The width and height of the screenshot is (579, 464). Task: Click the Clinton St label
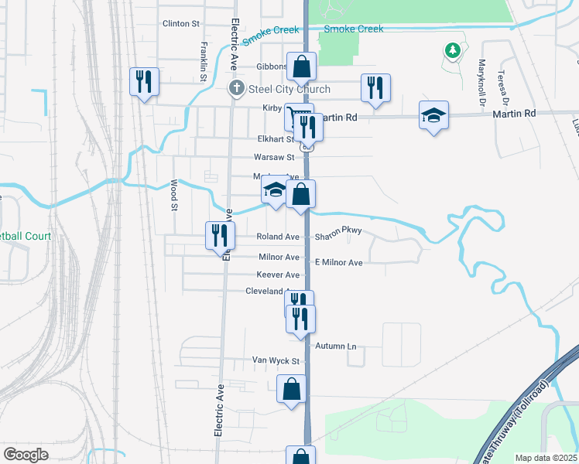(x=181, y=24)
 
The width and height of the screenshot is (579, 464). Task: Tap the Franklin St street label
(x=203, y=62)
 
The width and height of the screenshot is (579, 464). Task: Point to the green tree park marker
(x=453, y=51)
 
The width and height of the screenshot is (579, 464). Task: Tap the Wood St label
(x=174, y=195)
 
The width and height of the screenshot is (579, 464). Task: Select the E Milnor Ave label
(x=338, y=263)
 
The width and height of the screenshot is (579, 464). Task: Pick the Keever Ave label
(x=278, y=275)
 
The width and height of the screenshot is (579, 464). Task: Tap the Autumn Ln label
(x=341, y=346)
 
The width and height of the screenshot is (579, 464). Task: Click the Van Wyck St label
(x=276, y=360)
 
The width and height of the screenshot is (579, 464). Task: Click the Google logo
(x=26, y=455)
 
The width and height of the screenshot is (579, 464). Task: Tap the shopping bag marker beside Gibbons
(x=301, y=67)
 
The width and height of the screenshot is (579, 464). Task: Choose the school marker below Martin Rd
(x=433, y=115)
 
